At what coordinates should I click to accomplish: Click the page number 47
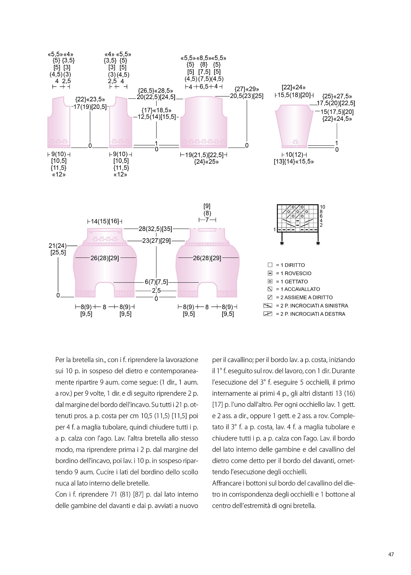[x=391, y=554]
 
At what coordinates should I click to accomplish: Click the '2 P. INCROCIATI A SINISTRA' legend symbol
[x=268, y=306]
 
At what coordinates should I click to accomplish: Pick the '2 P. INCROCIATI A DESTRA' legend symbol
[x=268, y=314]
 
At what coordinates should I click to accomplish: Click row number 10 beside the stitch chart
[x=322, y=207]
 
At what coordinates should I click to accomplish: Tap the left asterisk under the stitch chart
[x=282, y=243]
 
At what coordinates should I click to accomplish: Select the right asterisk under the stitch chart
[x=318, y=243]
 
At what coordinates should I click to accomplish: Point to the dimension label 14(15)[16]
[x=105, y=221]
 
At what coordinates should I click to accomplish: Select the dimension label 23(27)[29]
[x=156, y=241]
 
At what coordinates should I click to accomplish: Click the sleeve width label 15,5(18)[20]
[x=294, y=95]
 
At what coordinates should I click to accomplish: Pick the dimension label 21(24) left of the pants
[x=58, y=246]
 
